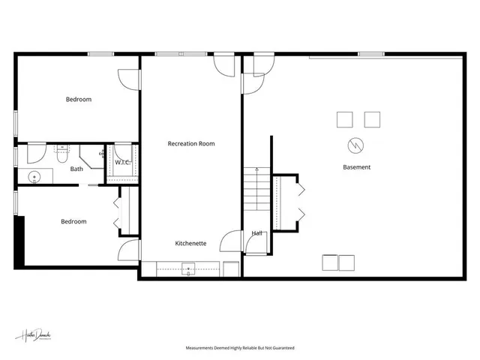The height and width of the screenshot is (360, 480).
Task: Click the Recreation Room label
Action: click(191, 143)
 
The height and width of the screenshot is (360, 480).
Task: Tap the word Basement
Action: click(356, 167)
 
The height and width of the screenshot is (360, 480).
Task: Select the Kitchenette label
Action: click(191, 244)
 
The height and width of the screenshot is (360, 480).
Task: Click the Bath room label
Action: click(76, 169)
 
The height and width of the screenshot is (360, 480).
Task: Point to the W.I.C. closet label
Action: click(122, 162)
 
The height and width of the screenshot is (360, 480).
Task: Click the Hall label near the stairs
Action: click(256, 233)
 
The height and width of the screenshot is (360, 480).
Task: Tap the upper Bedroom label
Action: click(78, 99)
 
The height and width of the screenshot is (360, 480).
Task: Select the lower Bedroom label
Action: click(73, 221)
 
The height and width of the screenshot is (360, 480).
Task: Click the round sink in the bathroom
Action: click(34, 178)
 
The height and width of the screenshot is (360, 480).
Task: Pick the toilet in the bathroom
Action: click(63, 153)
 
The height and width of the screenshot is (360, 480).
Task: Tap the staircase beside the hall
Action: click(256, 190)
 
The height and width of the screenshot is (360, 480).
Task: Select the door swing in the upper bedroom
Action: click(129, 79)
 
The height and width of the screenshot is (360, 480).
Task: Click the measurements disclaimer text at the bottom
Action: click(240, 348)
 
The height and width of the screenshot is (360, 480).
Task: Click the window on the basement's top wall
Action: click(367, 54)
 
